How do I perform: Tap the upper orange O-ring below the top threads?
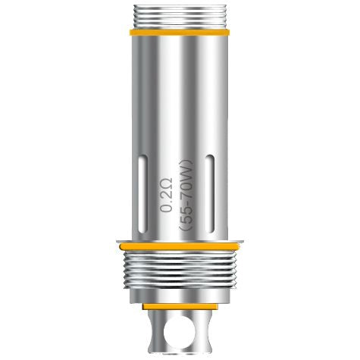coord(179,33)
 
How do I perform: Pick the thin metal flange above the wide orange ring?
coord(180,239)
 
